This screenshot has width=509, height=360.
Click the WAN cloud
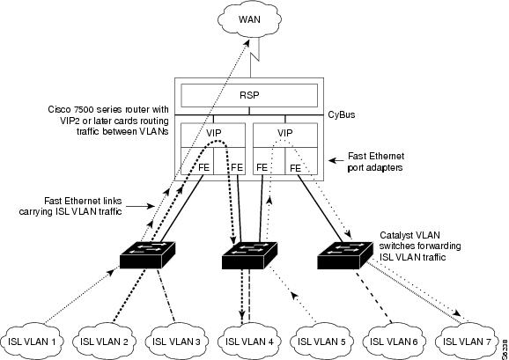tap(249, 19)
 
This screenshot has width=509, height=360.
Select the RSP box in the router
tap(249, 95)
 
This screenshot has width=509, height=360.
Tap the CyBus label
tap(341, 114)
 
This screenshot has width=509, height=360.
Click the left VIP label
tap(213, 133)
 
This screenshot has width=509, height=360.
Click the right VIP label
tap(284, 133)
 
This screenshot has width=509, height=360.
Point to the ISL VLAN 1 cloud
tap(32, 341)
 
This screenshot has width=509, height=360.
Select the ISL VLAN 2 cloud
tap(104, 341)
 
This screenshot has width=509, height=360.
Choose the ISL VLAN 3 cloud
tap(176, 341)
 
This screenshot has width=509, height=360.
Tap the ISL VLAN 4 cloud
tap(249, 341)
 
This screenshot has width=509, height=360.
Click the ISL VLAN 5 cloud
tap(321, 341)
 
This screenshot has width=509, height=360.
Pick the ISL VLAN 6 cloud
tap(394, 341)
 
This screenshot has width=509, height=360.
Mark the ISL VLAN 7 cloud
tap(467, 341)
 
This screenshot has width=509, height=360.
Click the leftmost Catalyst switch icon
tap(147, 255)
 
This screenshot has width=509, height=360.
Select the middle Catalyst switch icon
tap(249, 255)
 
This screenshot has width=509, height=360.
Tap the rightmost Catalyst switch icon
tap(344, 255)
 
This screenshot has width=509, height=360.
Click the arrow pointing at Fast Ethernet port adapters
tap(336, 160)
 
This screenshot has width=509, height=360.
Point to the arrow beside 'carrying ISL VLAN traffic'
tap(140, 206)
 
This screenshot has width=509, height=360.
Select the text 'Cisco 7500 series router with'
tap(108, 109)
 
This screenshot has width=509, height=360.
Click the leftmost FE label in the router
tap(203, 167)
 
